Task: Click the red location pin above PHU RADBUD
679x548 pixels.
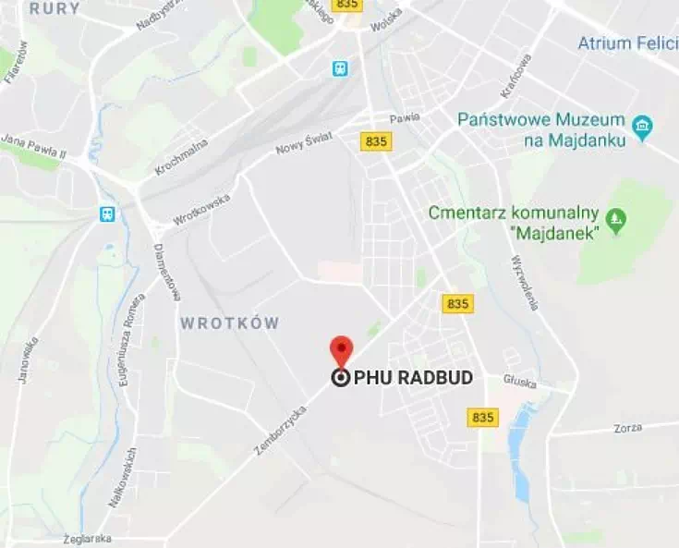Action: pos(342,349)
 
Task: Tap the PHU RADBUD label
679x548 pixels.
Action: pos(413,377)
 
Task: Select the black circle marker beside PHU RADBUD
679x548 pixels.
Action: pos(340,377)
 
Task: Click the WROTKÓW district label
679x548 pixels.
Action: pos(229,323)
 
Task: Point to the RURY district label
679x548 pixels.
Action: pos(54,8)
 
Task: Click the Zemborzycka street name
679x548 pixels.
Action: pos(280,431)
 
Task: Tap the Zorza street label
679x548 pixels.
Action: pos(627,428)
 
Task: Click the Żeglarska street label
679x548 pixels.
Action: pos(87,538)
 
